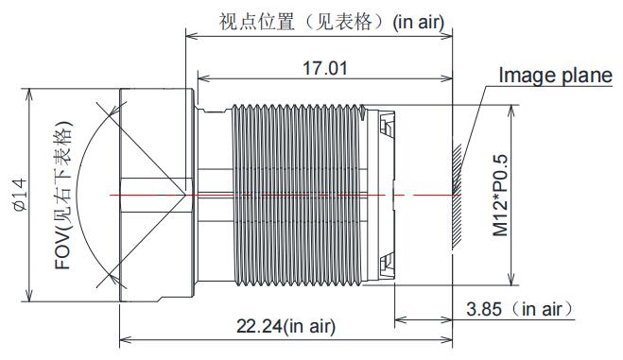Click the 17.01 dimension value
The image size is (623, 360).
click(x=324, y=68)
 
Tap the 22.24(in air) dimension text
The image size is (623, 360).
click(x=286, y=326)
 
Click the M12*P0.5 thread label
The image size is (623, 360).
click(x=500, y=195)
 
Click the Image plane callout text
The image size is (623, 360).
click(x=556, y=75)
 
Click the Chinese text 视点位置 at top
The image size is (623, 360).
click(x=257, y=22)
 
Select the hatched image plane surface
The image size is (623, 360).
click(x=457, y=197)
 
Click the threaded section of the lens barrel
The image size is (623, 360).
click(x=298, y=195)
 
